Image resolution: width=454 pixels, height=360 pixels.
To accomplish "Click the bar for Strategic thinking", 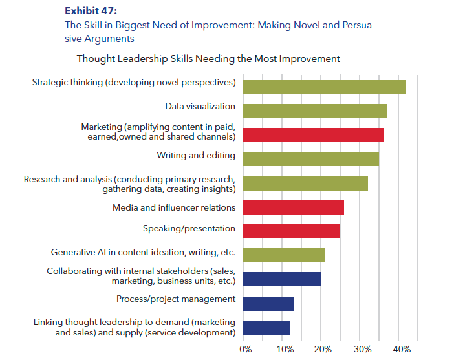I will click(324, 87).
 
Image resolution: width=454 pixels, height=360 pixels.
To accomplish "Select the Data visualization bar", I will click(315, 111).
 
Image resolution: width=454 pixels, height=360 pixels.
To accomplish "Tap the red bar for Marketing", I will click(313, 135).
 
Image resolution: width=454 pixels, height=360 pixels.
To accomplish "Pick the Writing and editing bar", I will click(310, 159).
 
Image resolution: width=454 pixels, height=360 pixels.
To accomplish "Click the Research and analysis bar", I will click(305, 184).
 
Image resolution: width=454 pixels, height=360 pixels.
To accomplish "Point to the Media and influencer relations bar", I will click(293, 207).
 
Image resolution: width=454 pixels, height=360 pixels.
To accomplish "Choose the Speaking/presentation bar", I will click(291, 231).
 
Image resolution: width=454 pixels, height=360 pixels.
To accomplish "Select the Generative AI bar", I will click(284, 255).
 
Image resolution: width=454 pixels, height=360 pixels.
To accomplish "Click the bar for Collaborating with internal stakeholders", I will click(281, 279).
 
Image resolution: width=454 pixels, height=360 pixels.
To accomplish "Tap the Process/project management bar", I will click(268, 304).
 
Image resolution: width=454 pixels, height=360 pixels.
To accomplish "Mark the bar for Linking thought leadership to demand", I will click(266, 328).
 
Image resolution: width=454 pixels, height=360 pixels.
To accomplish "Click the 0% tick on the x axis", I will click(246, 350).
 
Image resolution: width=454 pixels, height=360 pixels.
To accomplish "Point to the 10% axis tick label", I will click(285, 350).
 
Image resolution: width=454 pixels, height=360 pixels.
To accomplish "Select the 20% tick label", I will click(324, 350).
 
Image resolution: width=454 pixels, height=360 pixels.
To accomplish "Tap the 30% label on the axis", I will click(363, 350).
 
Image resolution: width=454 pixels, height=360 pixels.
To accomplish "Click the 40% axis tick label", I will click(402, 350).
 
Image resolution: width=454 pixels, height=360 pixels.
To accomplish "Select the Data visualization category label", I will click(200, 107).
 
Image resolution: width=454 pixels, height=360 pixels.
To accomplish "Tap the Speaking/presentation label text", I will click(189, 229).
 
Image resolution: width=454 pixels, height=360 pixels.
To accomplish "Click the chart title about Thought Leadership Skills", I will click(208, 59).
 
